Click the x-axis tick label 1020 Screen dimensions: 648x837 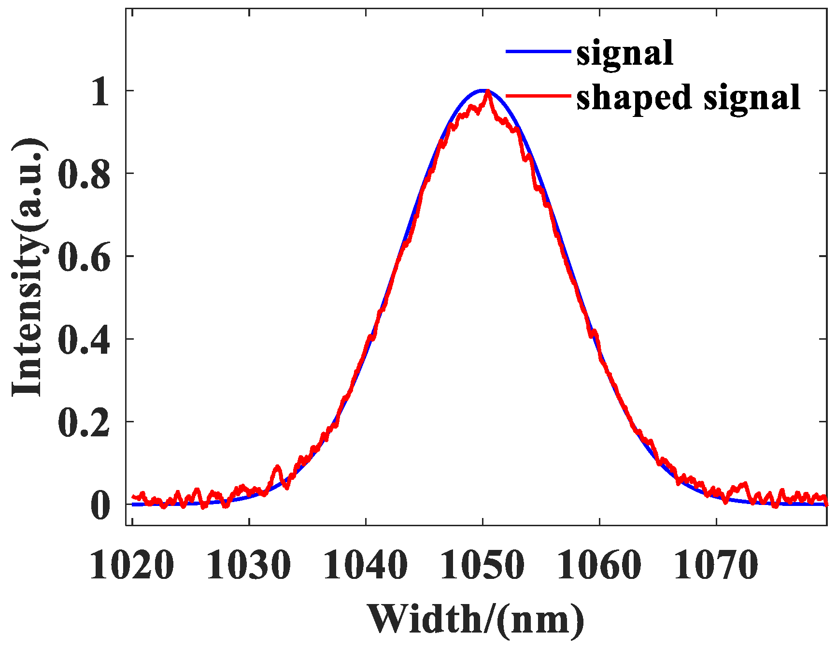point(132,565)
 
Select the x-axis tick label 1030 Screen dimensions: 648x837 point(249,565)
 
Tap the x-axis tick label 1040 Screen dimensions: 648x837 point(366,565)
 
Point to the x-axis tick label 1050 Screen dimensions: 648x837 point(482,565)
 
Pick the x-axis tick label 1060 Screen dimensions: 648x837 point(599,565)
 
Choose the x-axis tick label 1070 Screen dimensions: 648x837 point(716,565)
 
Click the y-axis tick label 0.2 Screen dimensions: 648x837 point(84,422)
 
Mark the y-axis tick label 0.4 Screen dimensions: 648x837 point(84,340)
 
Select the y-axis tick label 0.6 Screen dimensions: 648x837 point(84,257)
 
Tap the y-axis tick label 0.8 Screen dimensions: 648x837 point(84,174)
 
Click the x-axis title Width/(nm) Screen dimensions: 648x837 point(476,619)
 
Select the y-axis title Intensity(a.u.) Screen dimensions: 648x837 point(29,268)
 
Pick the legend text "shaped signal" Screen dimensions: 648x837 point(688,97)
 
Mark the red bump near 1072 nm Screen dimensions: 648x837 point(745,484)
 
